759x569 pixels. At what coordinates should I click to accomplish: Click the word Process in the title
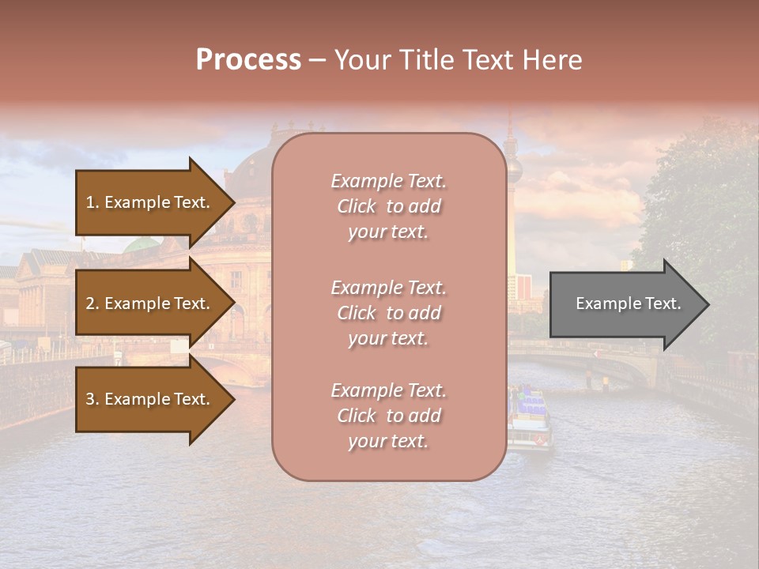click(x=248, y=60)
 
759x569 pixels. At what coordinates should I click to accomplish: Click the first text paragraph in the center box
click(x=388, y=206)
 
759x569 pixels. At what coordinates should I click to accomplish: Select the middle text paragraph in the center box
click(x=388, y=313)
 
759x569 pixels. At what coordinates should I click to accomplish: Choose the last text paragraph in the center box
click(x=388, y=416)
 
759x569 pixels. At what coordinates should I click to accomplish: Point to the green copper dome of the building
click(x=142, y=244)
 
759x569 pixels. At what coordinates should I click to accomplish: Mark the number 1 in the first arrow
click(x=90, y=202)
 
